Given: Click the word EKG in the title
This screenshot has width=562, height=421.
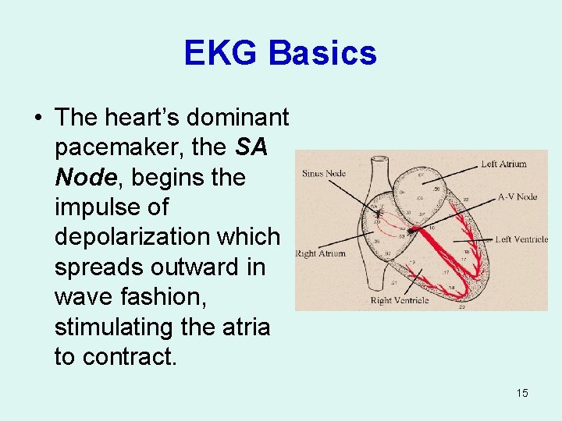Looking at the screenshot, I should click(220, 53).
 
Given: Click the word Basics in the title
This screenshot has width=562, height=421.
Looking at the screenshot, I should click(322, 53).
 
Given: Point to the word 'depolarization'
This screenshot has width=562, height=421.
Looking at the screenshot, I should click(167, 237).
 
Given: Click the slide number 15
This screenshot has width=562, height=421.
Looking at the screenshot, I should click(521, 392).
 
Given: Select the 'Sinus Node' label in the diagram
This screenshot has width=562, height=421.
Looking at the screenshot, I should click(323, 173).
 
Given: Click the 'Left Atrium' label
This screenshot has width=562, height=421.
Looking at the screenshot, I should click(503, 164).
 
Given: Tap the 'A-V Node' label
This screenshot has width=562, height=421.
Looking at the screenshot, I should click(517, 196).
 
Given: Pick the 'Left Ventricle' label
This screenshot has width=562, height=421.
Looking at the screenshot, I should click(521, 239).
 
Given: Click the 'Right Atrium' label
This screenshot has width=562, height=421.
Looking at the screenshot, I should click(321, 253).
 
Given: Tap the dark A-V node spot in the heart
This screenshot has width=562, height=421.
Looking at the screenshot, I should click(413, 231).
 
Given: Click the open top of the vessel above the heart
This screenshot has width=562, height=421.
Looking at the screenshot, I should click(381, 161).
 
